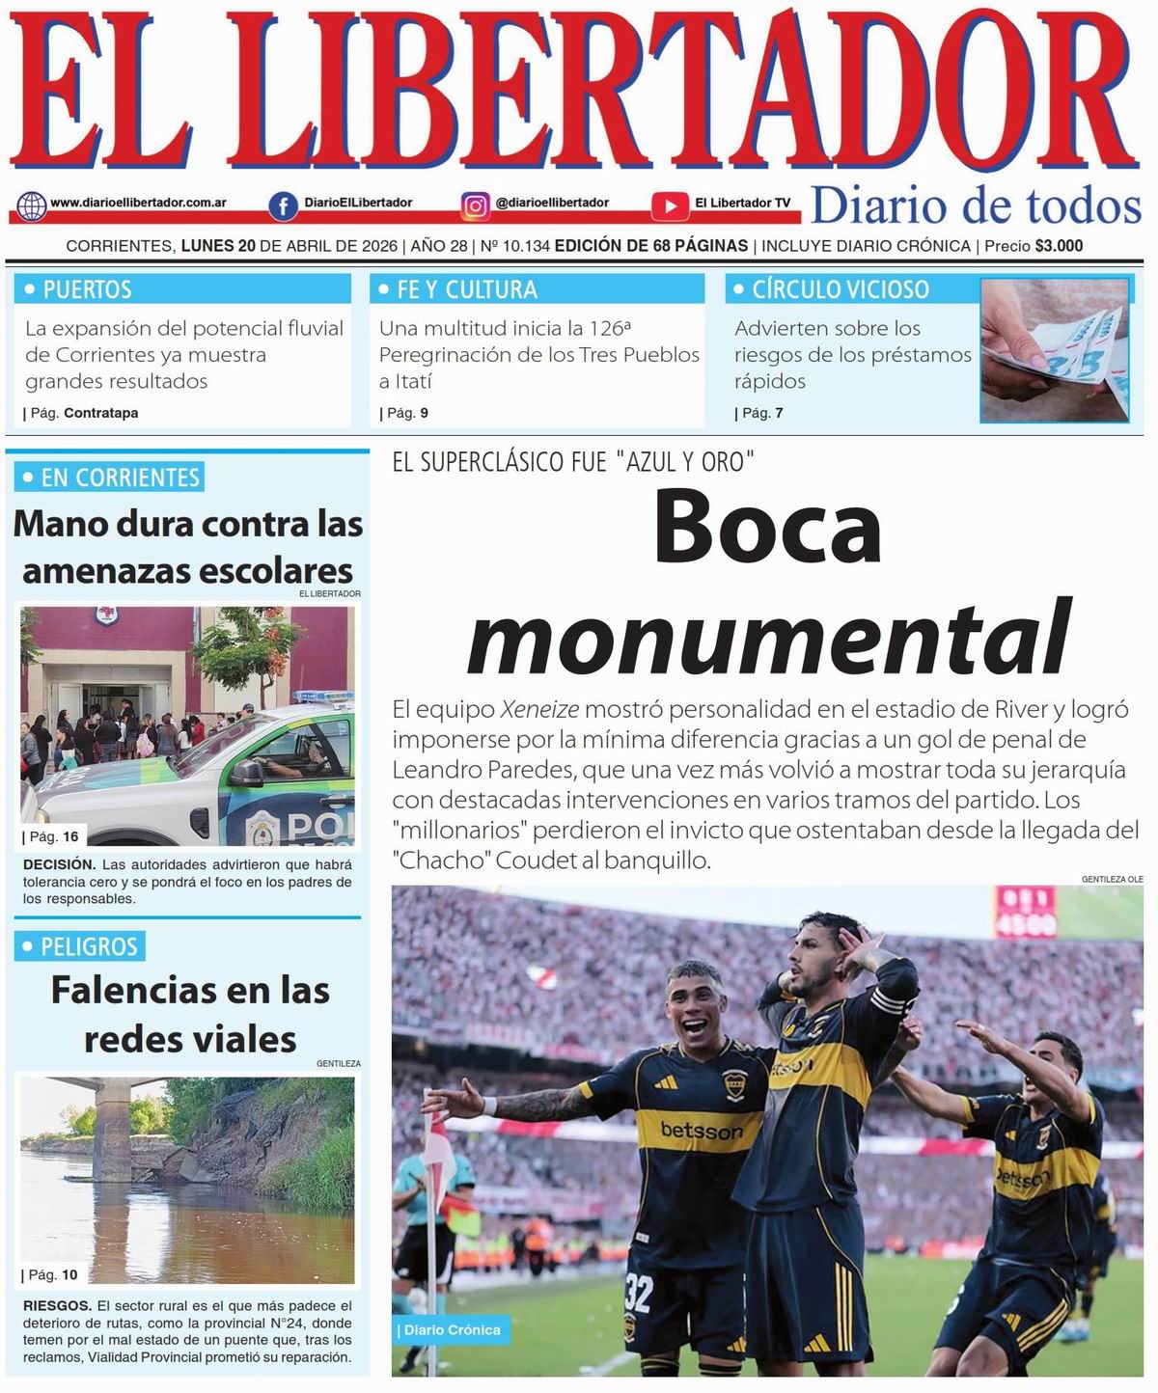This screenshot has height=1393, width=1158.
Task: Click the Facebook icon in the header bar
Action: [x=283, y=205]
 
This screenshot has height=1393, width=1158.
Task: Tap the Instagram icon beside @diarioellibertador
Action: [x=475, y=205]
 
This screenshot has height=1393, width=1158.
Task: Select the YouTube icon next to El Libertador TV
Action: [x=669, y=205]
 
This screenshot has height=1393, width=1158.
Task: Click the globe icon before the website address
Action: [x=32, y=205]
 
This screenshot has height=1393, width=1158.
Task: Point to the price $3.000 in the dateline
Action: [x=1059, y=246]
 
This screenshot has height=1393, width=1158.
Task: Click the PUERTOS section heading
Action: [x=87, y=289]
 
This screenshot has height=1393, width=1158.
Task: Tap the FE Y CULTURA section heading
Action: [x=467, y=289]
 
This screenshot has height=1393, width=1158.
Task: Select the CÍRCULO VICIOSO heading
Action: [x=840, y=289]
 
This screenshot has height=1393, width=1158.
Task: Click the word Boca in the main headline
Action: [x=768, y=529]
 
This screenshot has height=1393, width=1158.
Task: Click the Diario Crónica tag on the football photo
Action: [x=452, y=1330]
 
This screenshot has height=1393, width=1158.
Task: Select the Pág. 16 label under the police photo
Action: [x=54, y=836]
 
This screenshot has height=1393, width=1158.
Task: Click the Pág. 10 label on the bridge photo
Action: [x=53, y=1275]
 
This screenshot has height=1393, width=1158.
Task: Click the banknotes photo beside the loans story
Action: [x=1055, y=349]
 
